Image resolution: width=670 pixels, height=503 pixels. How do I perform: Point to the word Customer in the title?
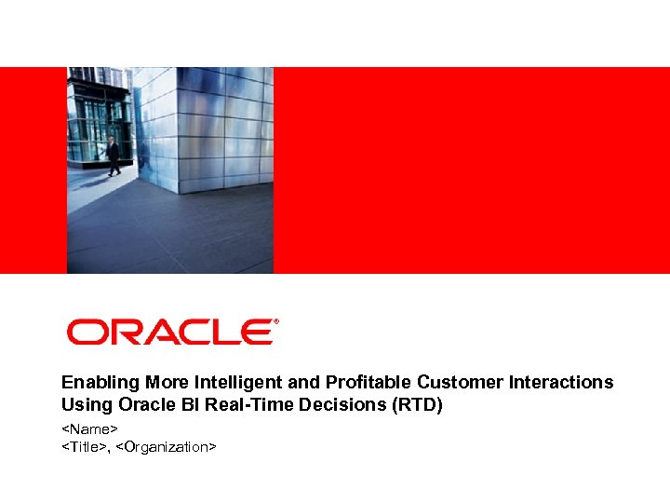450,382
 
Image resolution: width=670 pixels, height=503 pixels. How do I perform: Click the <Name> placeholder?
89,429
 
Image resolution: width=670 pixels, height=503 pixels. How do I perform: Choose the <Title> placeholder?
84,447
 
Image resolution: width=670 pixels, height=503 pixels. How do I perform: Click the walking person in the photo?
113,156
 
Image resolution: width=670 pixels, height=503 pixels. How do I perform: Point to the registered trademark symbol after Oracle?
275,322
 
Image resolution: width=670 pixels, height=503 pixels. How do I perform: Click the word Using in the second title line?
83,405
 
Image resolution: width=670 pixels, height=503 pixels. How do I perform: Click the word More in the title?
151,382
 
